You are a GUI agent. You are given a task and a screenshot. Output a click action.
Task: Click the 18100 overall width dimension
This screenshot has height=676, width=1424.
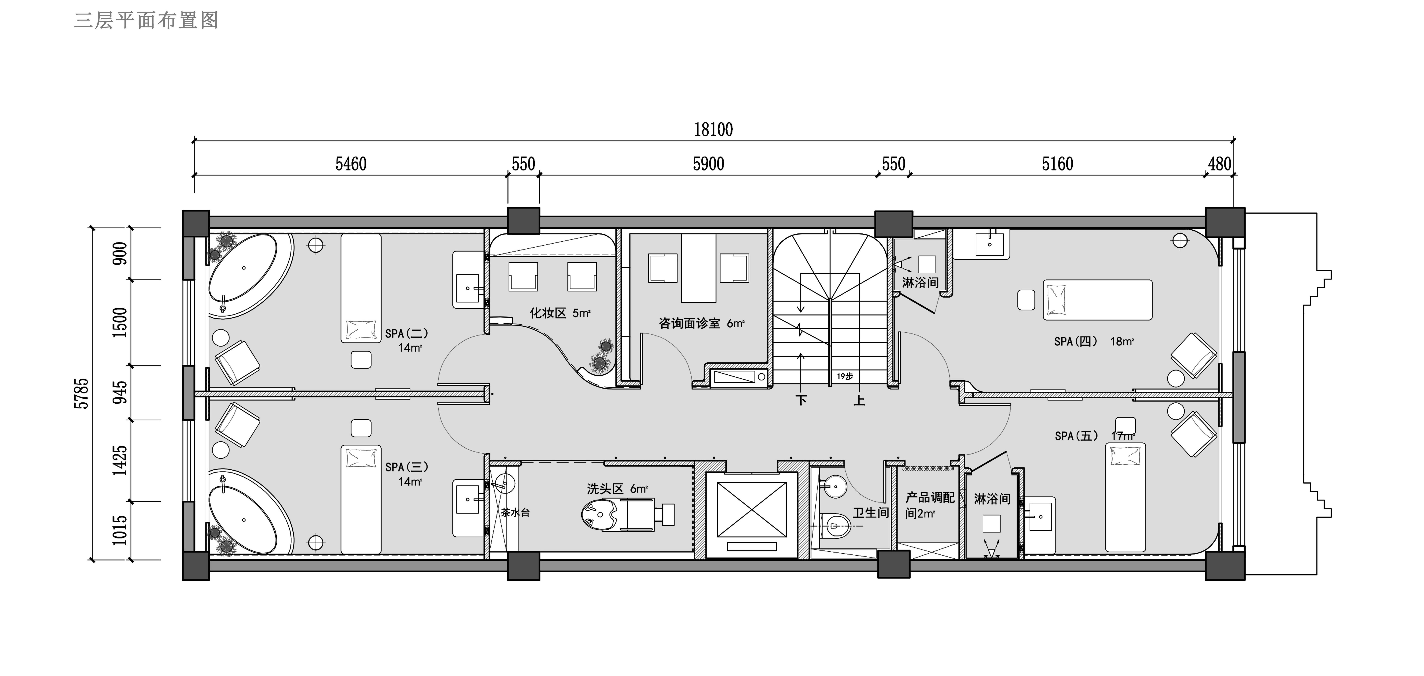(x=713, y=130)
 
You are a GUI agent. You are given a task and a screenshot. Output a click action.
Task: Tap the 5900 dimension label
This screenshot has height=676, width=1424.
(x=709, y=164)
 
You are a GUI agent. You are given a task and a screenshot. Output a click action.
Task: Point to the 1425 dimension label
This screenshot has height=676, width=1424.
(x=120, y=460)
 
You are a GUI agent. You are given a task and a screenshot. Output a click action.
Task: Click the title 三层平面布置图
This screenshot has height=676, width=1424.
(x=147, y=20)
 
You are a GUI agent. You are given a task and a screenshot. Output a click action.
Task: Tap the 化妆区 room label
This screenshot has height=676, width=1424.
(x=548, y=313)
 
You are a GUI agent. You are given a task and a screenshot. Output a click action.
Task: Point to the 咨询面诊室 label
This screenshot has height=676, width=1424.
(x=689, y=323)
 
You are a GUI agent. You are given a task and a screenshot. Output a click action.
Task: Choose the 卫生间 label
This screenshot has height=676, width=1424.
(x=871, y=513)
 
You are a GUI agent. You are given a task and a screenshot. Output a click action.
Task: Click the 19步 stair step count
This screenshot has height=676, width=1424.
(x=845, y=376)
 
